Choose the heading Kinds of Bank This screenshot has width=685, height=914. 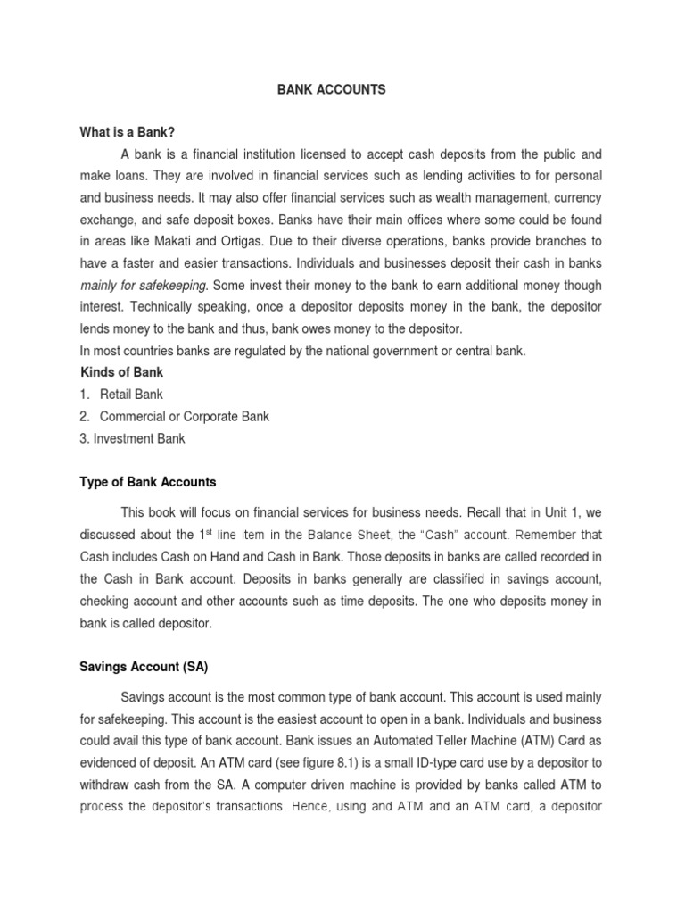coord(121,371)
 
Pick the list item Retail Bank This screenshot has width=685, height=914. coord(131,394)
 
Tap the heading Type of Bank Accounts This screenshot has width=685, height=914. coord(147,482)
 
